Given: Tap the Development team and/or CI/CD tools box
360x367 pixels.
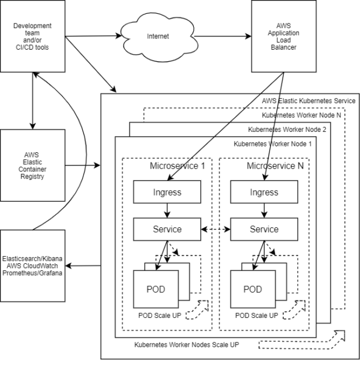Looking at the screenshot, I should pyautogui.click(x=33, y=36).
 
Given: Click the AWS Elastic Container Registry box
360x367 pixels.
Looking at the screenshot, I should pyautogui.click(x=33, y=165).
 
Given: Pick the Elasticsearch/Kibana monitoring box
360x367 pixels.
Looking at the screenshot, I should pyautogui.click(x=33, y=262).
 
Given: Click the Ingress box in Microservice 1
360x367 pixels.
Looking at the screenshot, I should pyautogui.click(x=166, y=192).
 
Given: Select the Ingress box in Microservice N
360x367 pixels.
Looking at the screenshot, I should pyautogui.click(x=263, y=192).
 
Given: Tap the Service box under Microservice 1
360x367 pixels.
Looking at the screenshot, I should pyautogui.click(x=166, y=229).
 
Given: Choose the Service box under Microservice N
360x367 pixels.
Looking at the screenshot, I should pyautogui.click(x=263, y=229).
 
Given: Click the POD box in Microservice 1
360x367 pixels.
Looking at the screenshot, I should pyautogui.click(x=157, y=289).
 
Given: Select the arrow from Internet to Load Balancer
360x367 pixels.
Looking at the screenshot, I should pyautogui.click(x=221, y=36).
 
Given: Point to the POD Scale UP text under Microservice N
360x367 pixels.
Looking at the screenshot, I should pyautogui.click(x=256, y=315).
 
